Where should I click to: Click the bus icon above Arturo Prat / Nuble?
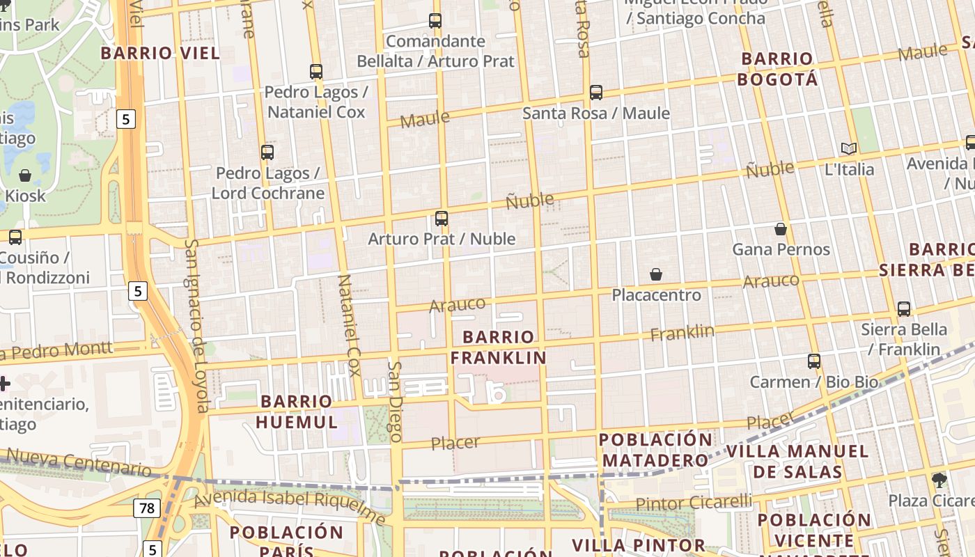[x=442, y=219]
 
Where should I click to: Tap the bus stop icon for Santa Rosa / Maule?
[x=595, y=93]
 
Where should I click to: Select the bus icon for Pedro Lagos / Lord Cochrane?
[x=267, y=152]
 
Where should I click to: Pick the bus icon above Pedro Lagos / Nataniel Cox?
[x=316, y=72]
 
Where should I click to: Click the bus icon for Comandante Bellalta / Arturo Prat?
[x=435, y=21]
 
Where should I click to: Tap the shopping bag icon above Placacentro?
[x=655, y=275]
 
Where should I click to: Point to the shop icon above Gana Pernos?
[x=781, y=229]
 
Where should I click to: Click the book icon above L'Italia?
[x=848, y=148]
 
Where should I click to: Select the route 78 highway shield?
[x=147, y=508]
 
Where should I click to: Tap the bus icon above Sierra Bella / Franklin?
[x=904, y=309]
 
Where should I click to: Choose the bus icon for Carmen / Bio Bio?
[x=814, y=361]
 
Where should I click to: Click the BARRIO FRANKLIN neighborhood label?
[x=498, y=347]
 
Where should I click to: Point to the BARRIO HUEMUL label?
[x=297, y=411]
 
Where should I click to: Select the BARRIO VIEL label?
[x=160, y=53]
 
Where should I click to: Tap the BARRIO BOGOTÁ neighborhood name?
[x=777, y=68]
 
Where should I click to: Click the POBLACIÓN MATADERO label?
[x=655, y=450]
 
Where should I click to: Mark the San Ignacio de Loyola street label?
[x=197, y=326]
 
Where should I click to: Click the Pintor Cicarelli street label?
[x=694, y=503]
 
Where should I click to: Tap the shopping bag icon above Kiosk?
[x=25, y=175]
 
